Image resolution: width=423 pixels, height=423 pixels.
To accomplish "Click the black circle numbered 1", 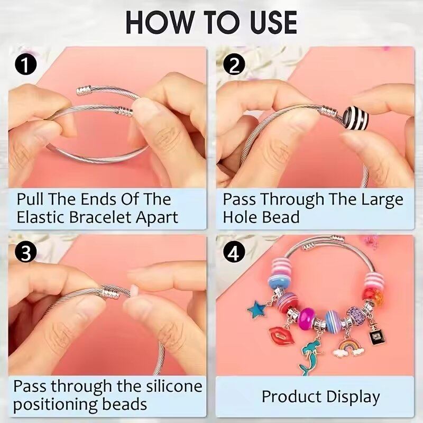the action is coord(26,65).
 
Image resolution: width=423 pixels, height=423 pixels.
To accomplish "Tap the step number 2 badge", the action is coord(234,65).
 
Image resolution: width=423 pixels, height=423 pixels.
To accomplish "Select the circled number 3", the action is coord(26,254).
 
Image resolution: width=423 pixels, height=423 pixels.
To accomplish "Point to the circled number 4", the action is coord(234,254).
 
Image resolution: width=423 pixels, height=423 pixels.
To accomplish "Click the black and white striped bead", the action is coord(356,118).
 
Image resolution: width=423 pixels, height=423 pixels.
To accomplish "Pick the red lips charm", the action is coord(281,335).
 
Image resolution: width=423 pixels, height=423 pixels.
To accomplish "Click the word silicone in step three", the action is coord(174,387).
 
